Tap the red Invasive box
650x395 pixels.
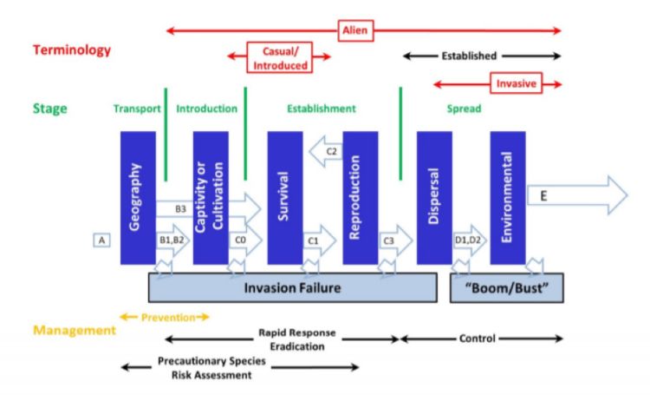coord(515,84)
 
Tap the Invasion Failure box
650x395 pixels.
coord(292,286)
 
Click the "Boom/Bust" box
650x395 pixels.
coord(506,287)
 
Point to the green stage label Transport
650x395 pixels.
coord(137,109)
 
